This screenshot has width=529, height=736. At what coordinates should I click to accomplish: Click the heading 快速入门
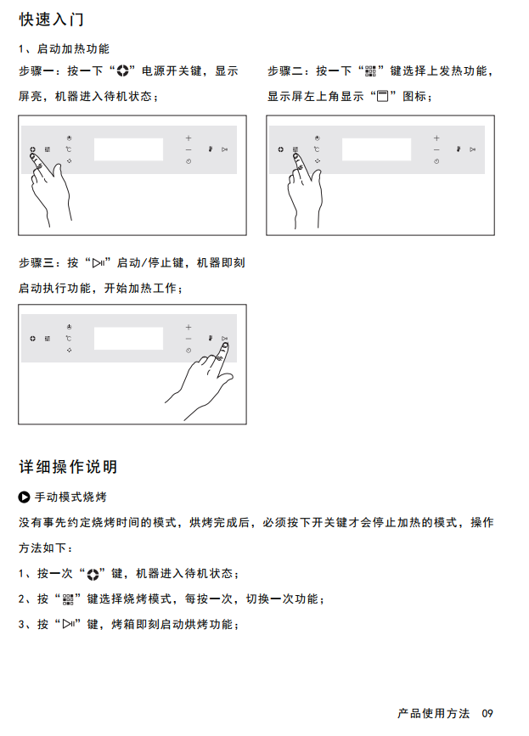pyautogui.click(x=51, y=20)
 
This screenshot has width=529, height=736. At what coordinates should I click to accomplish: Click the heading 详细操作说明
pyautogui.click(x=68, y=467)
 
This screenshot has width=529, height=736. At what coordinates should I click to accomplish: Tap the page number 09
pyautogui.click(x=487, y=713)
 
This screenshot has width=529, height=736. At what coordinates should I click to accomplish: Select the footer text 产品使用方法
pyautogui.click(x=433, y=713)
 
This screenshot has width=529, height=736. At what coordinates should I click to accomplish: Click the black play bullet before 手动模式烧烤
pyautogui.click(x=24, y=497)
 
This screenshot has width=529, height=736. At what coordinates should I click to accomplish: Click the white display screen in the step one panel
pyautogui.click(x=128, y=149)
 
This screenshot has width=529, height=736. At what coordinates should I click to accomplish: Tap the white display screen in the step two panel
pyautogui.click(x=376, y=149)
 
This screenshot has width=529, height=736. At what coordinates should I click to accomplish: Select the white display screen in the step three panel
pyautogui.click(x=128, y=339)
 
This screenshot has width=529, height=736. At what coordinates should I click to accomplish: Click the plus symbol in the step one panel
pyautogui.click(x=189, y=138)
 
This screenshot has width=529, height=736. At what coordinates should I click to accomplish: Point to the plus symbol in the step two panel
pyautogui.click(x=436, y=138)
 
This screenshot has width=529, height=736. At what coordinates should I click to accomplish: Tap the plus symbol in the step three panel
pyautogui.click(x=189, y=327)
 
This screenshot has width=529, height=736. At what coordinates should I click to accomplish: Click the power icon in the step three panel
pyautogui.click(x=32, y=339)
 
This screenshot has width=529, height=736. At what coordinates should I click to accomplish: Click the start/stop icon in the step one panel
pyautogui.click(x=225, y=149)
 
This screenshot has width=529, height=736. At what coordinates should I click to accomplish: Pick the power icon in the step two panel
pyautogui.click(x=280, y=149)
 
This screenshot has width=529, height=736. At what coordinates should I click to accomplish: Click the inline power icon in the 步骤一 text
pyautogui.click(x=122, y=71)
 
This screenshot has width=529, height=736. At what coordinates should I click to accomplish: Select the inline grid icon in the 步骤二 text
pyautogui.click(x=371, y=71)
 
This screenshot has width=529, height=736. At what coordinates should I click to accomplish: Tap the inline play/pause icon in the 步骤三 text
pyautogui.click(x=98, y=263)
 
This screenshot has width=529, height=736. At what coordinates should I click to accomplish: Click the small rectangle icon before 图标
pyautogui.click(x=383, y=96)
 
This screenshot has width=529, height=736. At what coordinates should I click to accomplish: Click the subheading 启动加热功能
pyautogui.click(x=73, y=48)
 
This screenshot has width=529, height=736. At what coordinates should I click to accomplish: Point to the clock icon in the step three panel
pyautogui.click(x=189, y=350)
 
